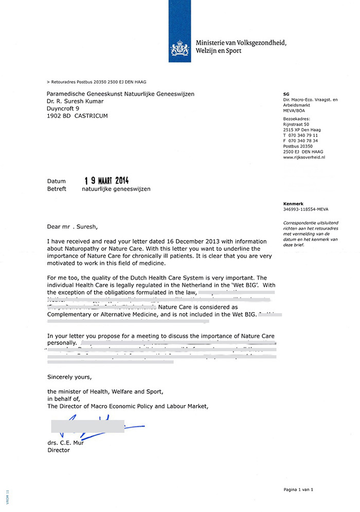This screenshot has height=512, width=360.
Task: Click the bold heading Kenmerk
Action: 293,204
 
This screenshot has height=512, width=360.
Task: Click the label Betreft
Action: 57,189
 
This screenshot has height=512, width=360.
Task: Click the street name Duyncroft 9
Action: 63,108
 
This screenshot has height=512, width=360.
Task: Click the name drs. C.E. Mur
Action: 65,443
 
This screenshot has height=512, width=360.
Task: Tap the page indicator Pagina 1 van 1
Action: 298,489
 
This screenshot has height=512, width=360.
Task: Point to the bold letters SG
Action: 286,94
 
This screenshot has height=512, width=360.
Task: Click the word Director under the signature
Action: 58,450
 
